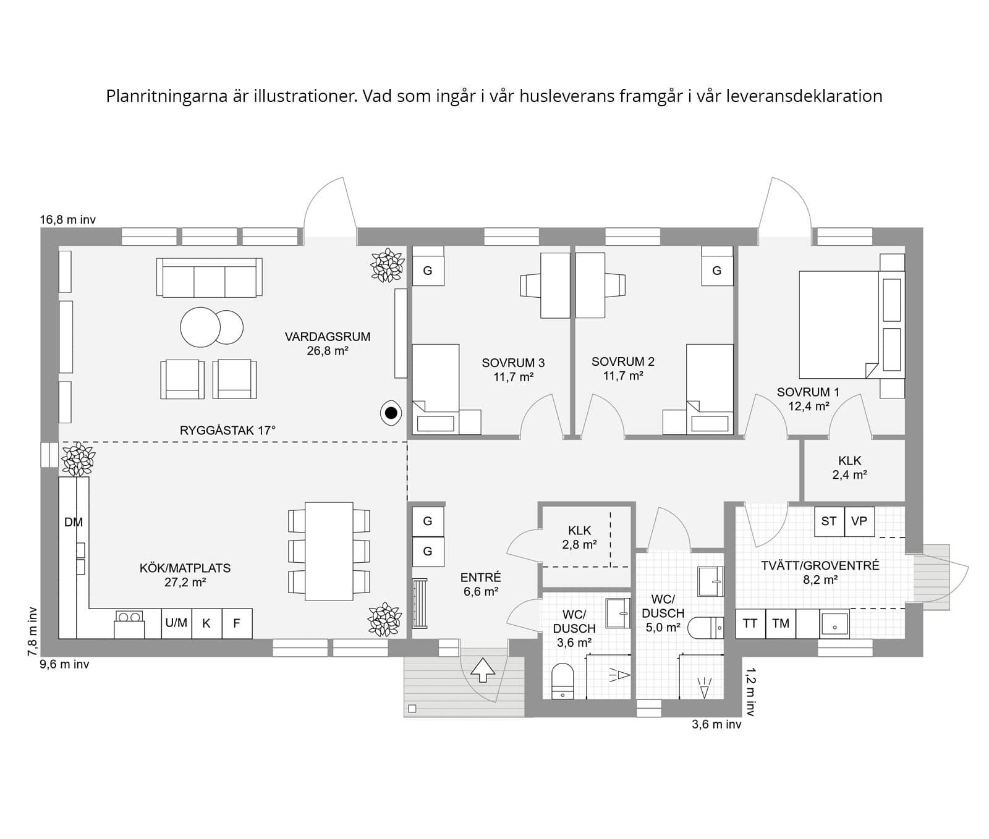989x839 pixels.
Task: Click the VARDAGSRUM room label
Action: (x=327, y=344)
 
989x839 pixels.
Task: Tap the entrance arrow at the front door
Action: (x=483, y=670)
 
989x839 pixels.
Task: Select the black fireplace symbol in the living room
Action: (x=391, y=413)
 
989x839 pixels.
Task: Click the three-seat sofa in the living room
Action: (x=210, y=279)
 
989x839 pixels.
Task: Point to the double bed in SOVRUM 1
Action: (x=839, y=324)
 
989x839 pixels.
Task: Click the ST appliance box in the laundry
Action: (x=828, y=521)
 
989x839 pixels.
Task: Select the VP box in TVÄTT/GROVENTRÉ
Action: (x=859, y=521)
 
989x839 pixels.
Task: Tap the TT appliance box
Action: (x=750, y=623)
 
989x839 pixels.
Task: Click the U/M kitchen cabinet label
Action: (x=176, y=623)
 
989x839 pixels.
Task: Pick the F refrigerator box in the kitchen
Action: (x=236, y=623)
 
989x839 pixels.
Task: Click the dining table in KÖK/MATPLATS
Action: (x=329, y=550)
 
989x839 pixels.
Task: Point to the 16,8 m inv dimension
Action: (x=68, y=219)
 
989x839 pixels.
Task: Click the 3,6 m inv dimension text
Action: (x=716, y=725)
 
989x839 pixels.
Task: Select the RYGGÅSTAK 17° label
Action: (x=227, y=431)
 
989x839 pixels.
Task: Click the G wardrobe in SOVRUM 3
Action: (x=427, y=271)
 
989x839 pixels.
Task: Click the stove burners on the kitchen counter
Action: (x=129, y=617)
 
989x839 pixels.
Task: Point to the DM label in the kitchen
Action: (x=74, y=522)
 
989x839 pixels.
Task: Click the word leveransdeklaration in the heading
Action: (x=805, y=96)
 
